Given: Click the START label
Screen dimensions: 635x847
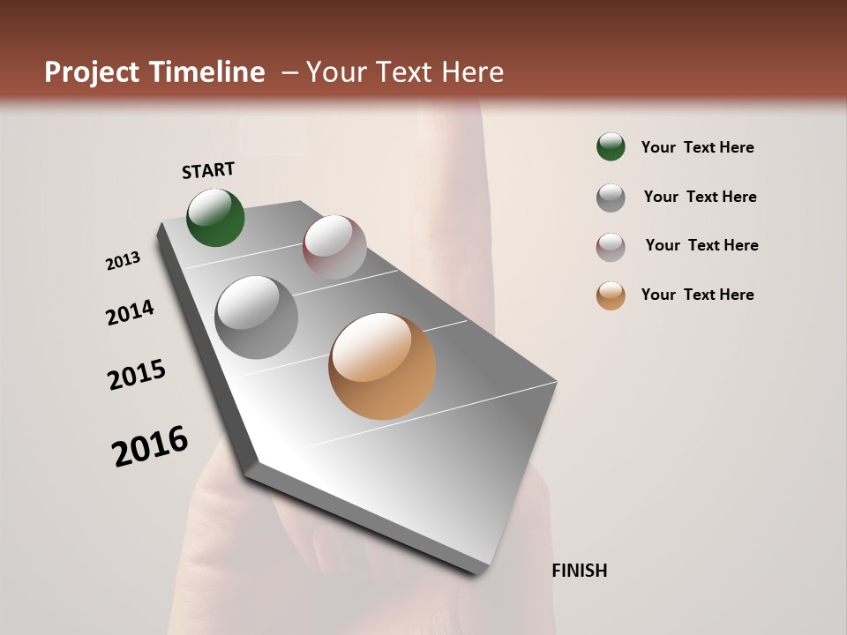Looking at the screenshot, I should point(208,170).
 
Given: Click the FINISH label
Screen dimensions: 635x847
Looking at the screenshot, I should point(580,571).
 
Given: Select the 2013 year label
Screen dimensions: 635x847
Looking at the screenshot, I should point(124,261).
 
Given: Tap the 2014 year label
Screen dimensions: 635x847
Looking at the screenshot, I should point(130,312).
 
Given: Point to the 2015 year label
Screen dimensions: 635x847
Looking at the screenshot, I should point(137,375).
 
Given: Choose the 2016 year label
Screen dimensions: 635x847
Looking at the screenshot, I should point(150,445).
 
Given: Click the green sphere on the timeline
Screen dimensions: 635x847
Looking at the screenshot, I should point(215,218).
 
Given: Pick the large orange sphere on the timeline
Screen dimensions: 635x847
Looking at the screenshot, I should point(382,366).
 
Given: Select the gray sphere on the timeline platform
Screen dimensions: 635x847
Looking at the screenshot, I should point(257,317).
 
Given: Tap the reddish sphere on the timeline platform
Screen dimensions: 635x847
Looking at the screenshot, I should point(334,247).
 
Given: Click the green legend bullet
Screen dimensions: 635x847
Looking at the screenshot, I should point(611,146).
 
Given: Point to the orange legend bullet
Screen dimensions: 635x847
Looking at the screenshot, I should point(611,295).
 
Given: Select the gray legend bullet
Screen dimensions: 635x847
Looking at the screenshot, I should point(611,198).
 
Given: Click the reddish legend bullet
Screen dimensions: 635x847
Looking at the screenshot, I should point(611,247).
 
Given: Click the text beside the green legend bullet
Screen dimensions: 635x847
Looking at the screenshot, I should point(697,148).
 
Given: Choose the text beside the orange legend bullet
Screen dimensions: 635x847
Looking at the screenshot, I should point(697,295).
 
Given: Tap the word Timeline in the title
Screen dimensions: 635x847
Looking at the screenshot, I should point(207,72).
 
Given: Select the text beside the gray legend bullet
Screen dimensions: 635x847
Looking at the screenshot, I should point(700,197).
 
